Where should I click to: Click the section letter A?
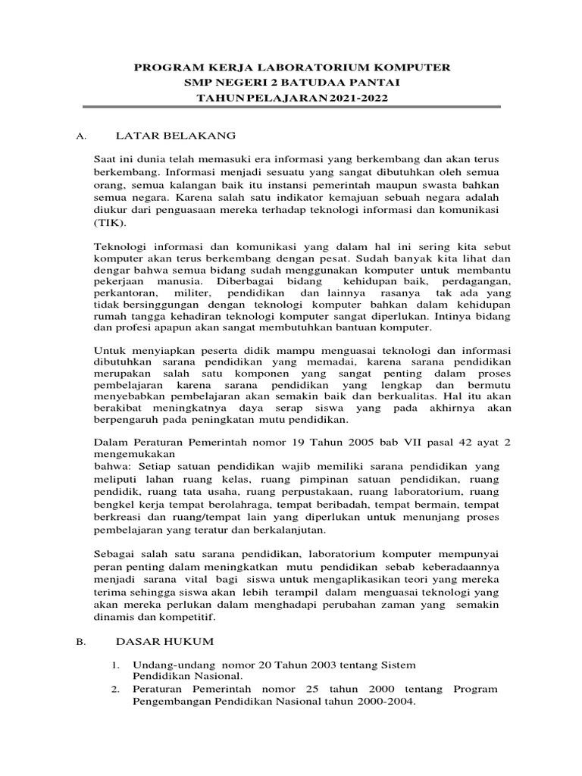tap(82, 136)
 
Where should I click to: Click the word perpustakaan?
tap(321, 490)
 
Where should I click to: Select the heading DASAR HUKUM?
tap(164, 641)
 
